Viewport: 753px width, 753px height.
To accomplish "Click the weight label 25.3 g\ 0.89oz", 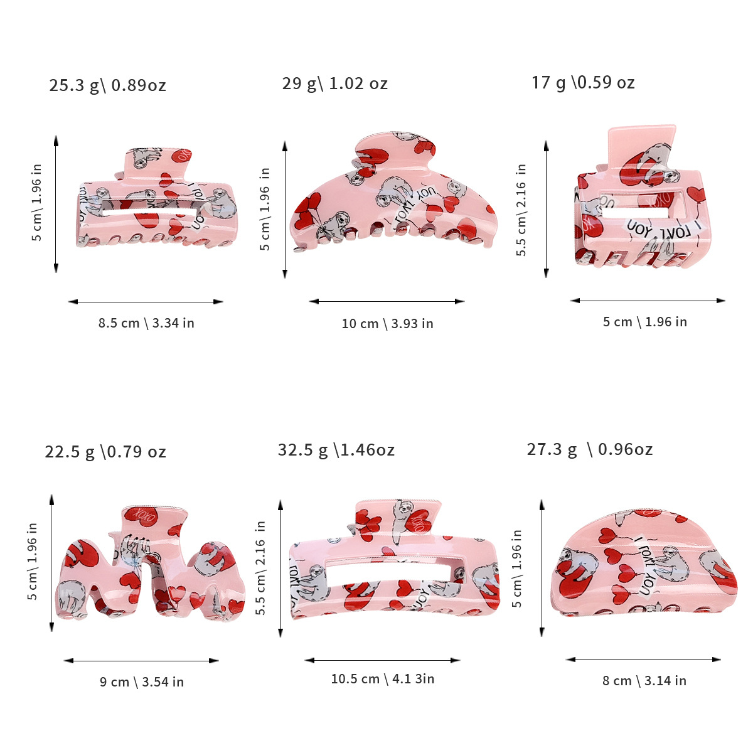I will tap(107, 85).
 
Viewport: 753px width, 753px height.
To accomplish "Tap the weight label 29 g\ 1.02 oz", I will tap(334, 83).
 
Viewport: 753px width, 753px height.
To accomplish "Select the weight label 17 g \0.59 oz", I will tap(583, 82).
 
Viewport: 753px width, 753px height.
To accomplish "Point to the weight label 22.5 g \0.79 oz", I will tap(105, 452).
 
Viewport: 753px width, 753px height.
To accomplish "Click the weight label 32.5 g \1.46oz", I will tap(336, 450).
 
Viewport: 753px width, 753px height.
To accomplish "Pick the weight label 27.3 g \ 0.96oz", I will tap(589, 449).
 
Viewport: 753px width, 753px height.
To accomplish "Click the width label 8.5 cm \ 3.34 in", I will tap(146, 323).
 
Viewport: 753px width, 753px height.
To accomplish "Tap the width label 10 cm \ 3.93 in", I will tap(387, 324).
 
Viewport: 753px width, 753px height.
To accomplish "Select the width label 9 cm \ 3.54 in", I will tap(142, 682).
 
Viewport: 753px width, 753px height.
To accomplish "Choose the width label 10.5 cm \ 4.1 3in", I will tap(383, 679).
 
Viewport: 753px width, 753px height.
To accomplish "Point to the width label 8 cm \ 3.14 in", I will tap(644, 681).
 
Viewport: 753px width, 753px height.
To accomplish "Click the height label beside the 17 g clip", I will tap(521, 210).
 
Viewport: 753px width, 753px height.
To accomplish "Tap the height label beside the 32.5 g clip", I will tap(261, 567).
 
